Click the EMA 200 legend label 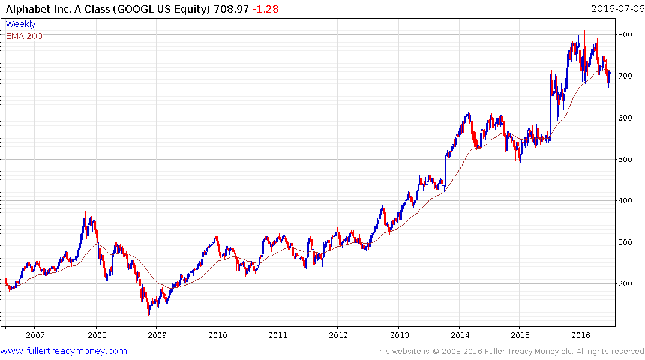pyautogui.click(x=24, y=36)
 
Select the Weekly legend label pyautogui.click(x=20, y=24)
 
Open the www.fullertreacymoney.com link pyautogui.click(x=64, y=351)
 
